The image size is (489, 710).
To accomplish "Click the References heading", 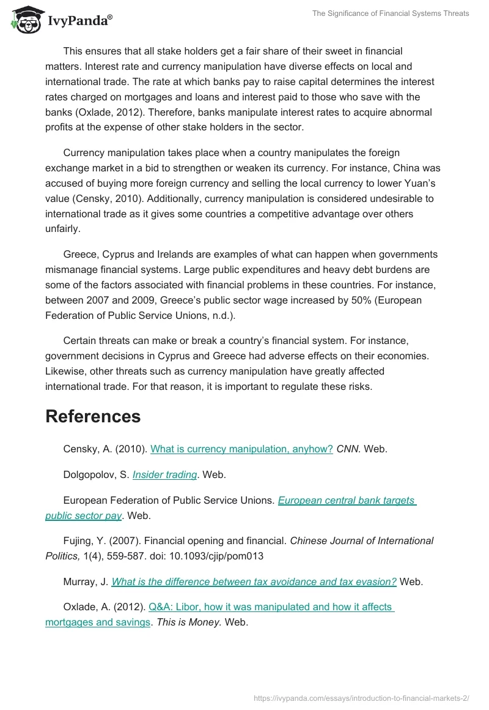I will click(x=93, y=416).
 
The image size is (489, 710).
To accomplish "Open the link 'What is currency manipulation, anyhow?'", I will click(x=241, y=449).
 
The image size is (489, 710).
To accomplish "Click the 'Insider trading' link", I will click(x=164, y=474).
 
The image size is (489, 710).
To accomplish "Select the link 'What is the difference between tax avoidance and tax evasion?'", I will click(x=254, y=581).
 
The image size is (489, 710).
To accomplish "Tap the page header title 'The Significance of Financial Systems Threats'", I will click(x=391, y=13).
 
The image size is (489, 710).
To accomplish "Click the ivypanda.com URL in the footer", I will click(x=361, y=697).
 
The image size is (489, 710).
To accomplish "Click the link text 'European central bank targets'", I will click(x=347, y=500).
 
